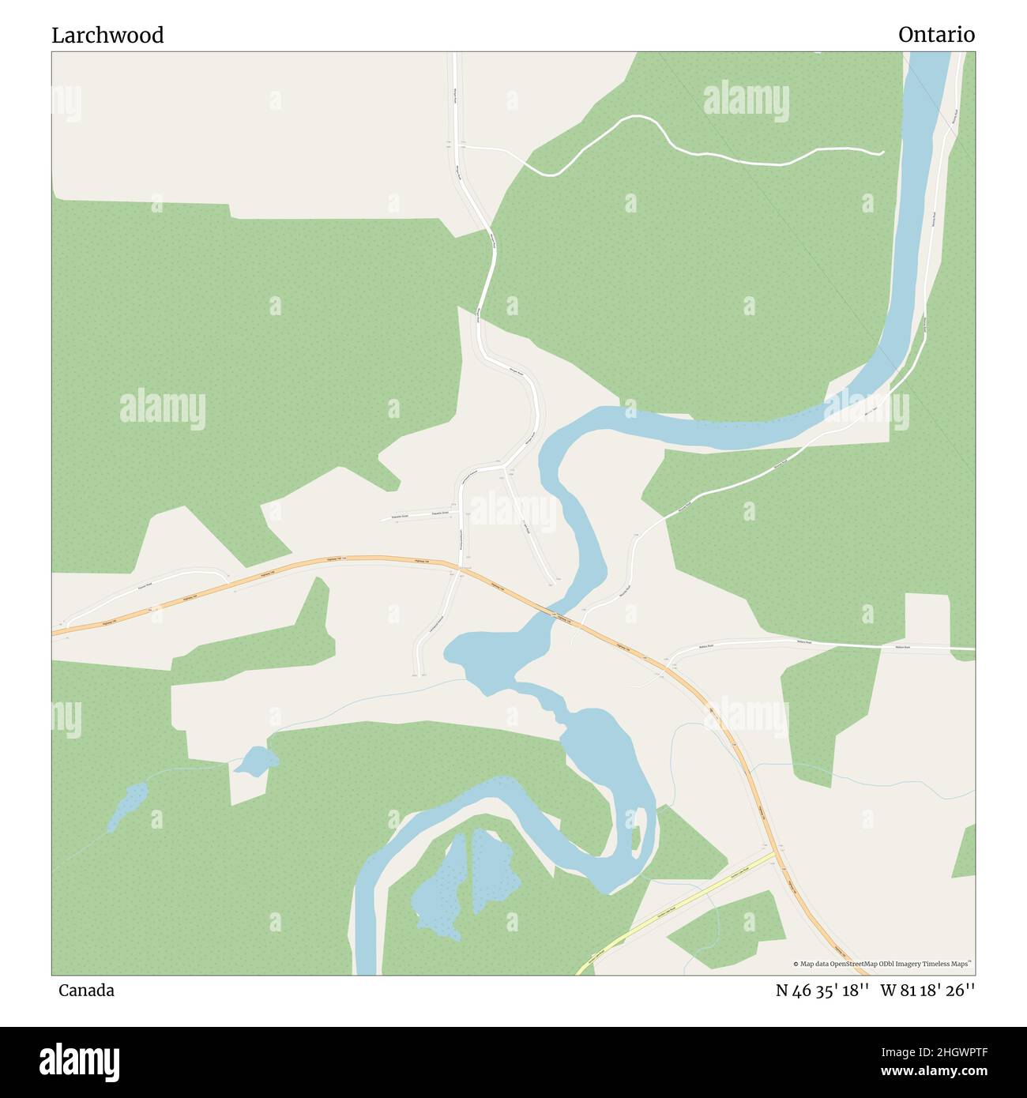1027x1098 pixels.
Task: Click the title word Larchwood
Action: pyautogui.click(x=107, y=36)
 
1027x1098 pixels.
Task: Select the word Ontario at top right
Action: pyautogui.click(x=936, y=36)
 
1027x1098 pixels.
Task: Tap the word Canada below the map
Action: pyautogui.click(x=86, y=991)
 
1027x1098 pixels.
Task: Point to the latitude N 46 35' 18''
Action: pyautogui.click(x=822, y=991)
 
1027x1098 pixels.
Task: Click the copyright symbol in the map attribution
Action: pyautogui.click(x=796, y=964)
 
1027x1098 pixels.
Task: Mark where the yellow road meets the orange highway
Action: pyautogui.click(x=777, y=852)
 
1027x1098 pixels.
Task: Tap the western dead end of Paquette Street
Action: pyautogui.click(x=382, y=520)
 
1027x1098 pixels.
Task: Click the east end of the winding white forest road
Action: pyautogui.click(x=882, y=153)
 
